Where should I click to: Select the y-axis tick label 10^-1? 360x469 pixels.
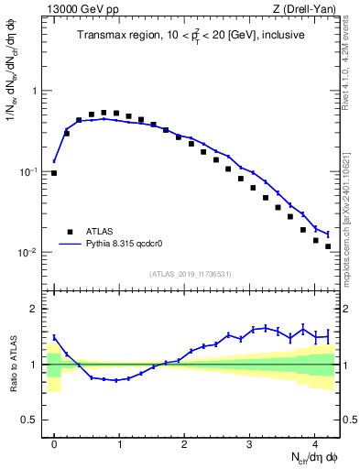coord(31,171)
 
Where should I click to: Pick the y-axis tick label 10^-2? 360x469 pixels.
coord(31,252)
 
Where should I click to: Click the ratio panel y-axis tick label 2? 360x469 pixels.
coord(36,309)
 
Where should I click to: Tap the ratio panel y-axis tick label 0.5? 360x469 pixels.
coord(32,420)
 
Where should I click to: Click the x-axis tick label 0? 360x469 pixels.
coord(54,442)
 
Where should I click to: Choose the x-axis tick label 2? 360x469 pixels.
coord(184,442)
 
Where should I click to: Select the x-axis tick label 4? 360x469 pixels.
coord(314,442)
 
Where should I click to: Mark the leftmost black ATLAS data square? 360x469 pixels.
coord(54,172)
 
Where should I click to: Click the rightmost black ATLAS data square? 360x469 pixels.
coord(328,246)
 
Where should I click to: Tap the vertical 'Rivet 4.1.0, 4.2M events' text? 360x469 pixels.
coord(352,64)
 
